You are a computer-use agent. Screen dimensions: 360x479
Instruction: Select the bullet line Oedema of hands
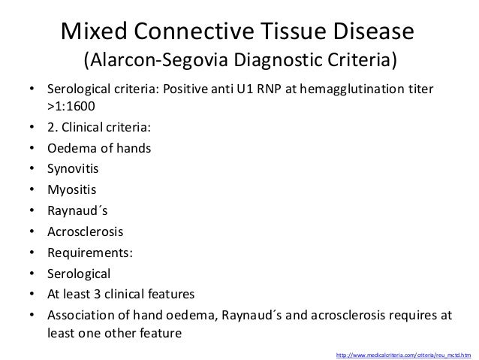pos(98,149)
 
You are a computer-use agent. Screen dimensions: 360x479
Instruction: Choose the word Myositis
pos(74,189)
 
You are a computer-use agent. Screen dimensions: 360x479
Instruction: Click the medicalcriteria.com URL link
pos(404,352)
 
